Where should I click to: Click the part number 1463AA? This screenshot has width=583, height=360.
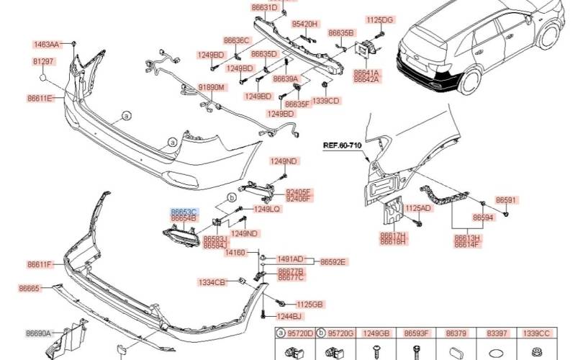click(x=45, y=45)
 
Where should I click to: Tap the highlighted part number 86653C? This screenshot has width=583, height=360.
click(x=184, y=211)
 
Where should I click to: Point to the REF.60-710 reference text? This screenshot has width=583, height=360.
click(x=342, y=145)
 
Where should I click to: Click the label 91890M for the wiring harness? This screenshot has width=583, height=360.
click(x=212, y=87)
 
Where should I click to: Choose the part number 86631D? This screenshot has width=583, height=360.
click(x=264, y=7)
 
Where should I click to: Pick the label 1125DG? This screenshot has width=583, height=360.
click(x=379, y=20)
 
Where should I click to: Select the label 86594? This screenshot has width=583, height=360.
click(x=483, y=217)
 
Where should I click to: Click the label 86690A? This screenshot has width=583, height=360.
click(x=38, y=333)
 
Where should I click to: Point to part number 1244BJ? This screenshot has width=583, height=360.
click(x=290, y=316)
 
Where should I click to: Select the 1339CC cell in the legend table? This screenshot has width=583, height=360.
click(x=536, y=334)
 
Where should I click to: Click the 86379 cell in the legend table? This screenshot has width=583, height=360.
click(x=456, y=334)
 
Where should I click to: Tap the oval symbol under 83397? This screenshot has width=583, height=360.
click(x=496, y=353)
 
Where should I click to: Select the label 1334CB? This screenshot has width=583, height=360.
click(x=212, y=282)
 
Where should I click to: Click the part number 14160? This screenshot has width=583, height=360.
click(x=235, y=253)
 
